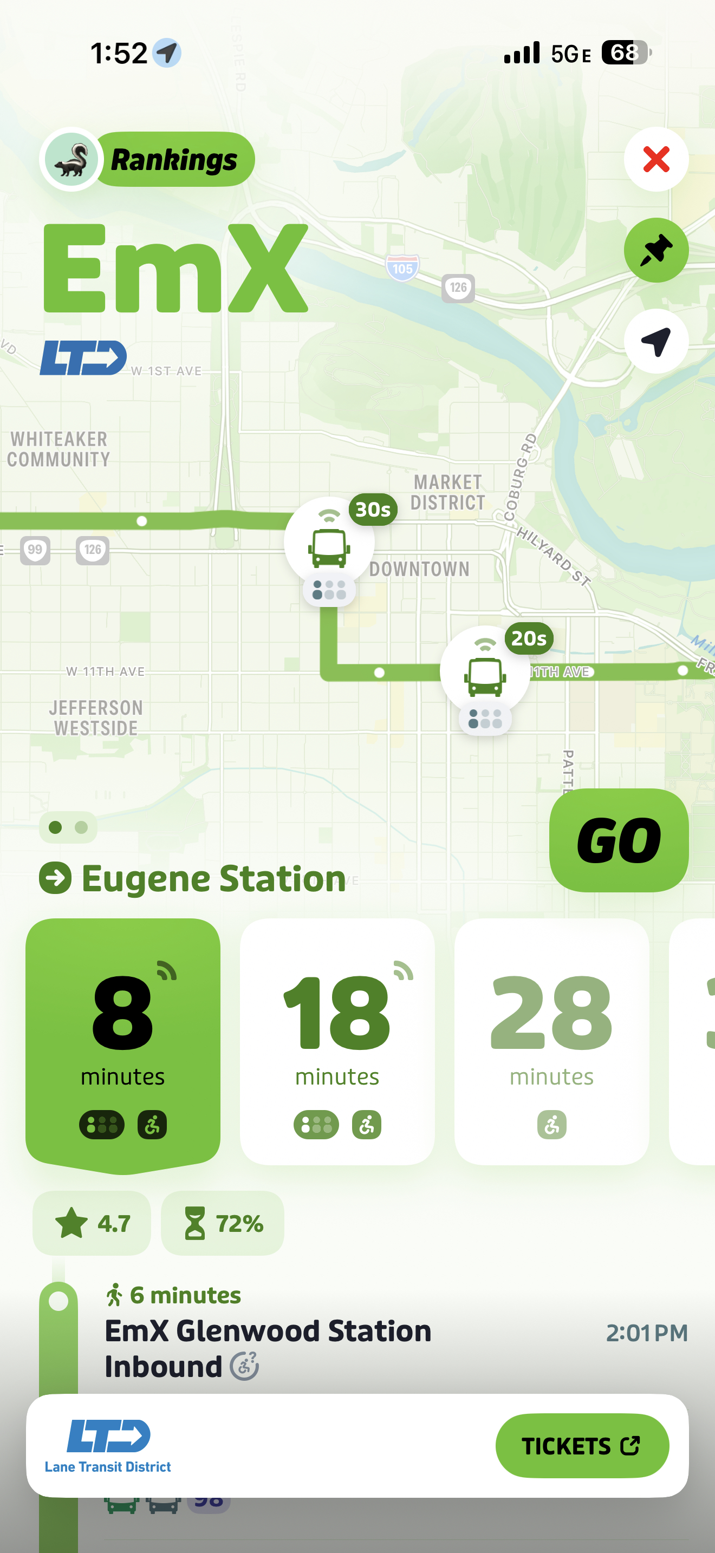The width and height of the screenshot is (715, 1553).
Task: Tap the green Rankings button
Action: [174, 160]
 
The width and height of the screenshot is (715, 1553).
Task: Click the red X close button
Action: [656, 160]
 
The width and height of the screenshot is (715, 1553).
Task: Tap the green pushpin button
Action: [656, 250]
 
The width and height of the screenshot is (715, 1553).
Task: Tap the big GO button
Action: [619, 840]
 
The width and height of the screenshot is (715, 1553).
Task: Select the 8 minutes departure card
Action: [123, 1043]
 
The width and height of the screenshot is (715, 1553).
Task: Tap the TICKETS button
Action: [582, 1445]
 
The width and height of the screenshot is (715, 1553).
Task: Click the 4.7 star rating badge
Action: [92, 1223]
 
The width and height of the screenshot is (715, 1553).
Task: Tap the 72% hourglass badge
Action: [223, 1223]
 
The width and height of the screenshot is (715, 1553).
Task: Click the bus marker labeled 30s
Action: [329, 544]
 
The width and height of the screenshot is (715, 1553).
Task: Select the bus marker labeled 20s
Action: [485, 672]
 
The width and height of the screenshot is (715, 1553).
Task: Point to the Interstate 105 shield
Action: [402, 267]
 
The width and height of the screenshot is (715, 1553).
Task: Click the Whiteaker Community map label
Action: [58, 449]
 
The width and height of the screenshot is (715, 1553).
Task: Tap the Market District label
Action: [447, 492]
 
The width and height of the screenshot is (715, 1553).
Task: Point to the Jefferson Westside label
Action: [96, 717]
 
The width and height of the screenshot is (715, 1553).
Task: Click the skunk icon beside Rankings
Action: [71, 160]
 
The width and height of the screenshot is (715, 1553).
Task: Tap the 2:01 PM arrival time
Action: [646, 1333]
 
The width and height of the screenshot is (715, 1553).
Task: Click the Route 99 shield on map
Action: [35, 550]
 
